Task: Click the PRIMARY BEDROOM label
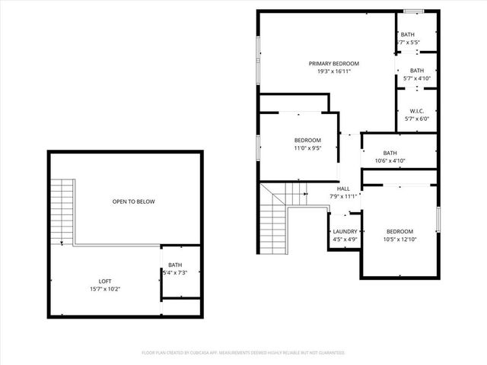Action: (333, 64)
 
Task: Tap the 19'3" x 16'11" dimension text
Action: (333, 72)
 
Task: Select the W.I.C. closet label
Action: (417, 110)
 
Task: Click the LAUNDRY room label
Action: (345, 232)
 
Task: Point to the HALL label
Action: (344, 189)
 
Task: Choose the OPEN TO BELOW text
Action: (133, 202)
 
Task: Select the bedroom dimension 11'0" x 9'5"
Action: (307, 148)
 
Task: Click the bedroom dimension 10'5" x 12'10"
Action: (399, 240)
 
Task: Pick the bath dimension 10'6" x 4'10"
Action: (390, 160)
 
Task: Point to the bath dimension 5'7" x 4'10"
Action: (417, 78)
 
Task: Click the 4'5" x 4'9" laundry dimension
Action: (345, 240)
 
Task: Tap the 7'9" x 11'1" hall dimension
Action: (344, 197)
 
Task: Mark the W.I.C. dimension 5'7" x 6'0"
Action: (417, 119)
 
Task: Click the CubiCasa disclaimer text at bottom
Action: (243, 353)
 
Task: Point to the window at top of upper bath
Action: (413, 11)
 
